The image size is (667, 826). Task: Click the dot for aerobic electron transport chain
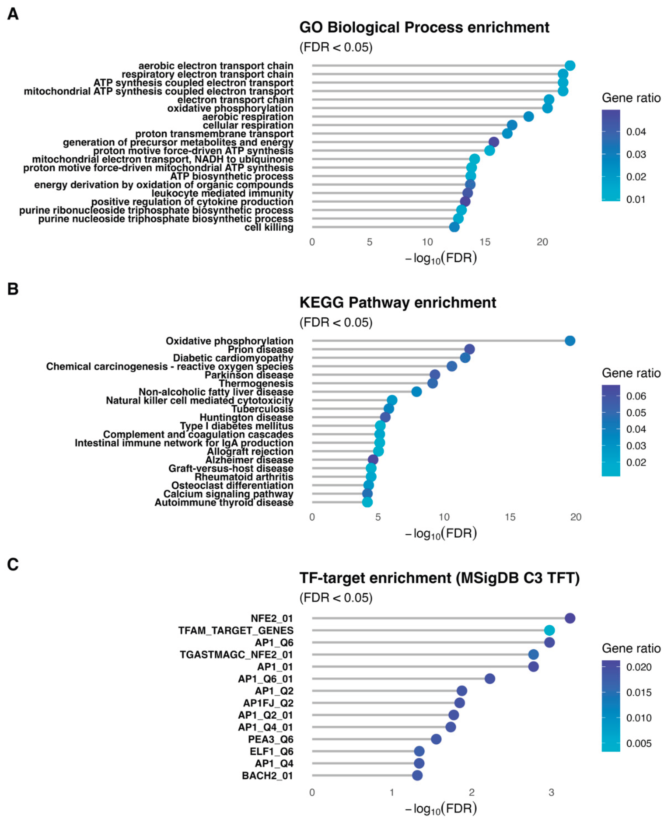[570, 66]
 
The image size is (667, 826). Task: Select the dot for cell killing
[454, 227]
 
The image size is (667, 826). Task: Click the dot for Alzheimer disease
[373, 460]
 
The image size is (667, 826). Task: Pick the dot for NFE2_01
[570, 618]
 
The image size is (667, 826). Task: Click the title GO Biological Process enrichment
[424, 28]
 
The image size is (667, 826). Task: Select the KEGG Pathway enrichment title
[398, 303]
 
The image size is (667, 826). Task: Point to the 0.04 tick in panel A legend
[636, 132]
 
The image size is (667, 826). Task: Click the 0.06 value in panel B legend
[636, 396]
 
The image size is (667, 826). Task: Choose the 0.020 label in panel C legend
[639, 667]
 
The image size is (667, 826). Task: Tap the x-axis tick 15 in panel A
[485, 242]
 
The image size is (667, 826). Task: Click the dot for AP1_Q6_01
[489, 678]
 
